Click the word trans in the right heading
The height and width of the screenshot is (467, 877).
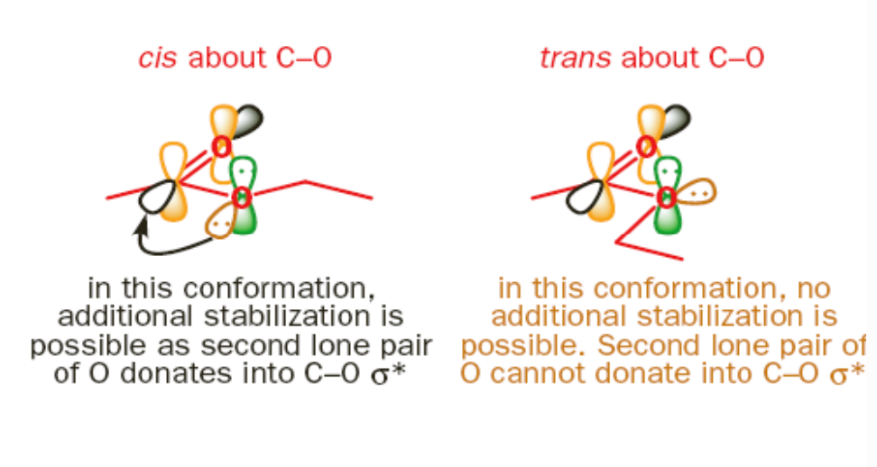[x=577, y=59]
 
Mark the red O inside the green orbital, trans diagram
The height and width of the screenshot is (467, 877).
[x=667, y=197]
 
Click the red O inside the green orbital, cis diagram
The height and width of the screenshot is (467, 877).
[x=241, y=197]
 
